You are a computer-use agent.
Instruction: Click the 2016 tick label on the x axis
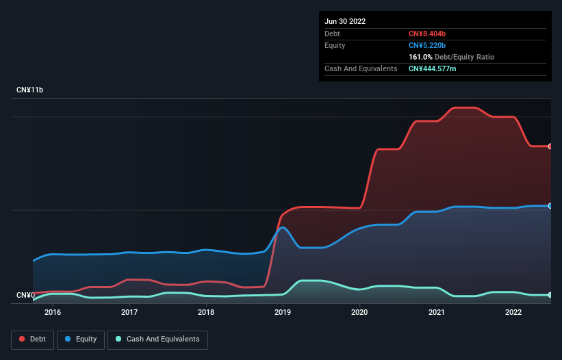[x=53, y=313]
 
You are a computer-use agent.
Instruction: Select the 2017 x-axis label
[x=129, y=313]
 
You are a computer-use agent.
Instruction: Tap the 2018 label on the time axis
[x=206, y=313]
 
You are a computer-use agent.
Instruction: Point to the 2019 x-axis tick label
[x=283, y=313]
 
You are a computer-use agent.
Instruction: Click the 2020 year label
[x=360, y=313]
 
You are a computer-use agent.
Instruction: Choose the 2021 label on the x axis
[x=437, y=313]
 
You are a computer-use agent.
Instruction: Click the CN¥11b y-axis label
[x=29, y=90]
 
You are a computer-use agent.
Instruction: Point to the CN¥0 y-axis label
[x=25, y=295]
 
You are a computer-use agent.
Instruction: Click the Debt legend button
[x=32, y=339]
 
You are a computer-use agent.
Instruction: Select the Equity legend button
[x=81, y=339]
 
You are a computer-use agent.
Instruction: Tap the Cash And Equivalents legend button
[x=157, y=339]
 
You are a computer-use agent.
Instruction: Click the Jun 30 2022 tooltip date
[x=345, y=21]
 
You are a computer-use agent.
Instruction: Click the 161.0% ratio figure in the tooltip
[x=420, y=57]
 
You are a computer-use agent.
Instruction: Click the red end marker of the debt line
[x=550, y=146]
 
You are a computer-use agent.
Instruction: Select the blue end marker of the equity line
[x=550, y=205]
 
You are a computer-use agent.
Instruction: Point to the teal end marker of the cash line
[x=550, y=295]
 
